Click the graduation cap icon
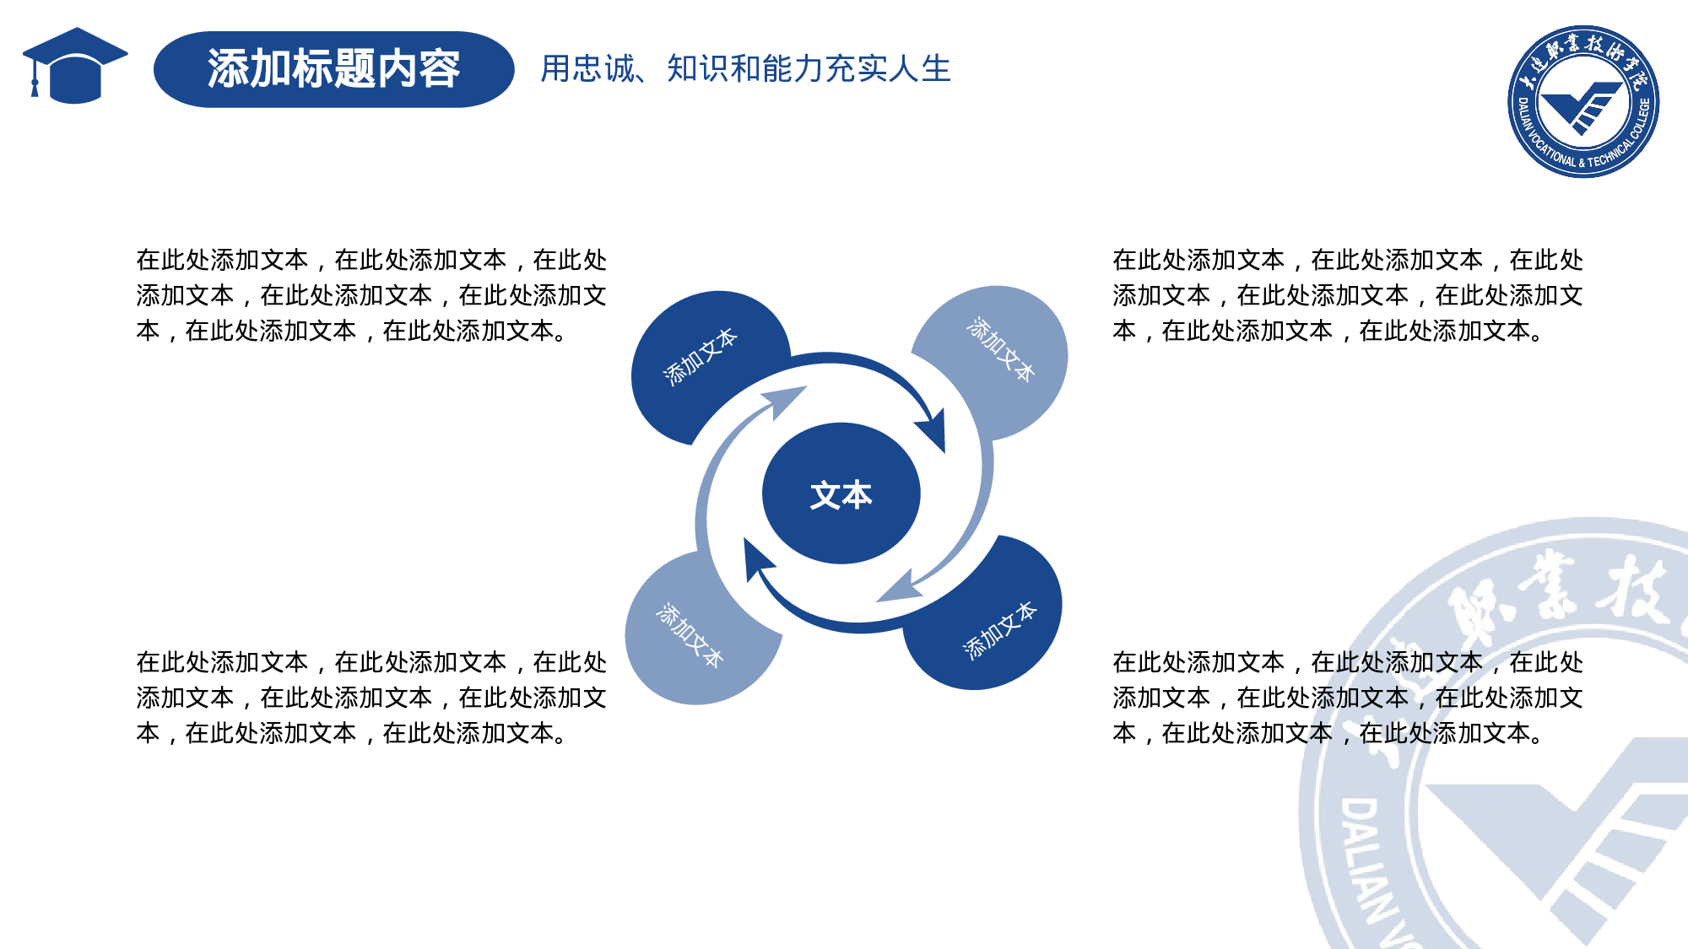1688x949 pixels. (x=76, y=66)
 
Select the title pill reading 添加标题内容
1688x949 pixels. (x=333, y=69)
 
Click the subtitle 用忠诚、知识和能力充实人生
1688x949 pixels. (x=745, y=69)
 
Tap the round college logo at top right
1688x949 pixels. (x=1582, y=101)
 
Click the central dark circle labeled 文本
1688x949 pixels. (x=841, y=494)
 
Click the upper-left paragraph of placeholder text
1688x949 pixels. (x=371, y=295)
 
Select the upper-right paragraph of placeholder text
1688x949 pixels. (x=1347, y=295)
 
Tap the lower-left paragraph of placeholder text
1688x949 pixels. (x=371, y=698)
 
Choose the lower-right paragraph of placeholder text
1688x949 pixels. (x=1347, y=698)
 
